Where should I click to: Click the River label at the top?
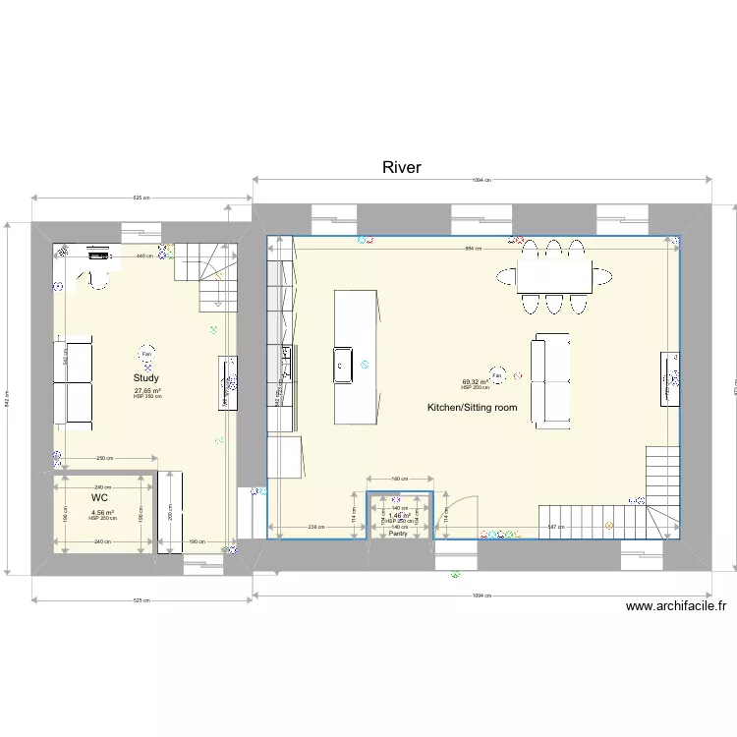401,168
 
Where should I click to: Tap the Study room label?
146,378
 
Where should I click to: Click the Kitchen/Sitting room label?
472,407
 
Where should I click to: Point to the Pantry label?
398,534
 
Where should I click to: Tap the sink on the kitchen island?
343,364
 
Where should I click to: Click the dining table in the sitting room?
554,277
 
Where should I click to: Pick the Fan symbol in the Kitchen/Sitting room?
497,374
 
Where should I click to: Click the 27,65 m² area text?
147,390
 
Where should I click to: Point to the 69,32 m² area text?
476,382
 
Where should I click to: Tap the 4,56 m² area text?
102,512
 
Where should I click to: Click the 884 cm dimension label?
473,249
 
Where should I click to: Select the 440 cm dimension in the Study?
143,256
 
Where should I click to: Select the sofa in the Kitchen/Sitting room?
550,379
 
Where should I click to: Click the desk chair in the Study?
100,282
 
